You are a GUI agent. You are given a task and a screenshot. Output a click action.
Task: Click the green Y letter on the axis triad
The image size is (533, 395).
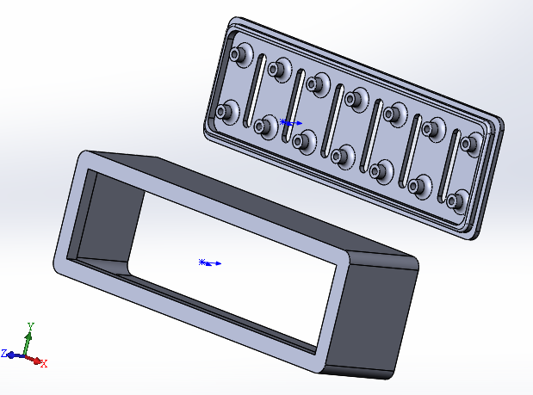click(31, 327)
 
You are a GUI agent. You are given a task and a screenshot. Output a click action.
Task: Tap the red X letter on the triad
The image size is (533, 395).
click(44, 363)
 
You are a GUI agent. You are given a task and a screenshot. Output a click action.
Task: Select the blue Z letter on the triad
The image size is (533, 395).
click(4, 353)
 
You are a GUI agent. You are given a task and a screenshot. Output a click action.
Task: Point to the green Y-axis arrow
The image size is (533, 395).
click(28, 343)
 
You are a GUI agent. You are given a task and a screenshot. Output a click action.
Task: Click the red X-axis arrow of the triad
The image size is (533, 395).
click(33, 359)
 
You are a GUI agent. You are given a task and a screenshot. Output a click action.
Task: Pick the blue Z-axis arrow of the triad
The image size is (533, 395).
click(15, 355)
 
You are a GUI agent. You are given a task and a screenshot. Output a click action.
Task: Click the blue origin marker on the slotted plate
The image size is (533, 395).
click(291, 122)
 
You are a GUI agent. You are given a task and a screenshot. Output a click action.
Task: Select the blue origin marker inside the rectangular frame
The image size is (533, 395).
click(210, 262)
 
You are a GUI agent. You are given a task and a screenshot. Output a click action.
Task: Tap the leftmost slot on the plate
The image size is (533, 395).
click(255, 90)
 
